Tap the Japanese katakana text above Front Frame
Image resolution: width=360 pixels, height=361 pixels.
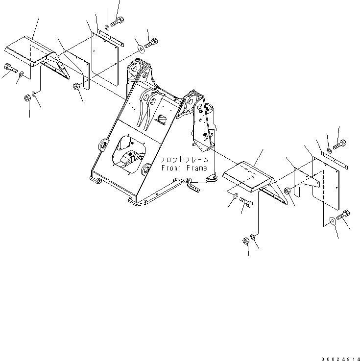(184, 160)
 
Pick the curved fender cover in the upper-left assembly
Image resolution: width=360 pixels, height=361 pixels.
(30, 51)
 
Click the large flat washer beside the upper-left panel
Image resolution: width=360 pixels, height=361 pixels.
(141, 48)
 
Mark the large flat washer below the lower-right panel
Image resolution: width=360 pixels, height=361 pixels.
(333, 220)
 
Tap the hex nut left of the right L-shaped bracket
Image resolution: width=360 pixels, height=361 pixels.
(287, 191)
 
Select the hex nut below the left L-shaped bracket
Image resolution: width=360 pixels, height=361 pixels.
(77, 87)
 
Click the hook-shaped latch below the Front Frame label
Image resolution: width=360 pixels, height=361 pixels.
(211, 179)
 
